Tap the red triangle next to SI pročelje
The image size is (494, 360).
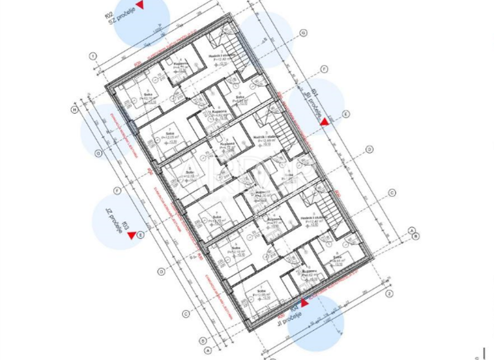326,120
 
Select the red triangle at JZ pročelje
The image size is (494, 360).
132,236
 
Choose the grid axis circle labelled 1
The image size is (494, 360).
93,57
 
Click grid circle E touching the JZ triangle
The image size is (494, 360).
141,235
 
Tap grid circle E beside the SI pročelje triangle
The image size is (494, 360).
345,114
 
